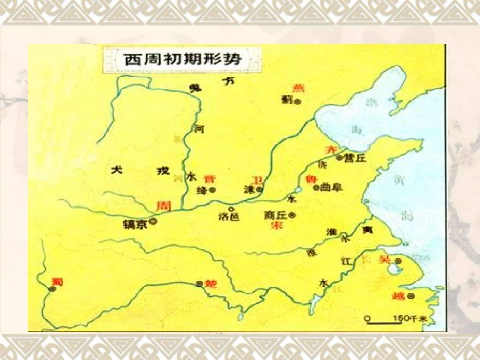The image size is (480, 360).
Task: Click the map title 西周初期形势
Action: click(x=183, y=59)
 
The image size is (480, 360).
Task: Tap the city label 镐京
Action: click(x=135, y=224)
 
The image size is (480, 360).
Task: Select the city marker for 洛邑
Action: click(x=231, y=209)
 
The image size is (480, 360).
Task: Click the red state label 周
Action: click(x=162, y=205)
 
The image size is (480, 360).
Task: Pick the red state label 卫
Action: click(x=258, y=180)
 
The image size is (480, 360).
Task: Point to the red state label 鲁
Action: click(x=311, y=179)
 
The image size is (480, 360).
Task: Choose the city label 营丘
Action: click(x=354, y=159)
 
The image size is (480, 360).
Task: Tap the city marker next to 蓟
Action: click(x=298, y=101)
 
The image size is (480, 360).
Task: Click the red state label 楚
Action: click(x=212, y=284)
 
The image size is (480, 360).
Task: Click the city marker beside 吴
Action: click(x=399, y=261)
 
